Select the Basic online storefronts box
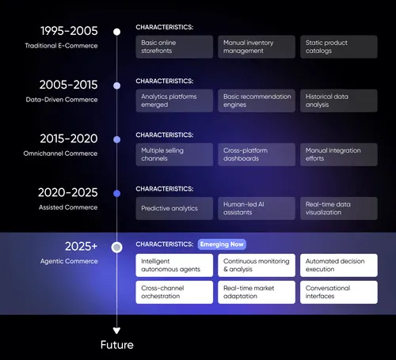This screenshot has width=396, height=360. (x=174, y=47)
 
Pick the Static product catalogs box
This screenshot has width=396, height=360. (x=337, y=47)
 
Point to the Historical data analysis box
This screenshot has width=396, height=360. (x=337, y=100)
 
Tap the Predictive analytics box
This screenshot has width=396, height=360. (x=174, y=208)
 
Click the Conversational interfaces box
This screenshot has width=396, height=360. (x=337, y=293)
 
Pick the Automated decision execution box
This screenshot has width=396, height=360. (x=337, y=265)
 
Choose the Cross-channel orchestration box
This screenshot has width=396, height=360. (x=174, y=293)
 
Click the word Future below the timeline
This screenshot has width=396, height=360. (x=116, y=345)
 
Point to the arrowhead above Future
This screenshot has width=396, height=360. (x=116, y=330)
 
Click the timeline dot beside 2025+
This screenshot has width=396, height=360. (x=116, y=247)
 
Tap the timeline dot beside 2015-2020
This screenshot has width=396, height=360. (x=116, y=139)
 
